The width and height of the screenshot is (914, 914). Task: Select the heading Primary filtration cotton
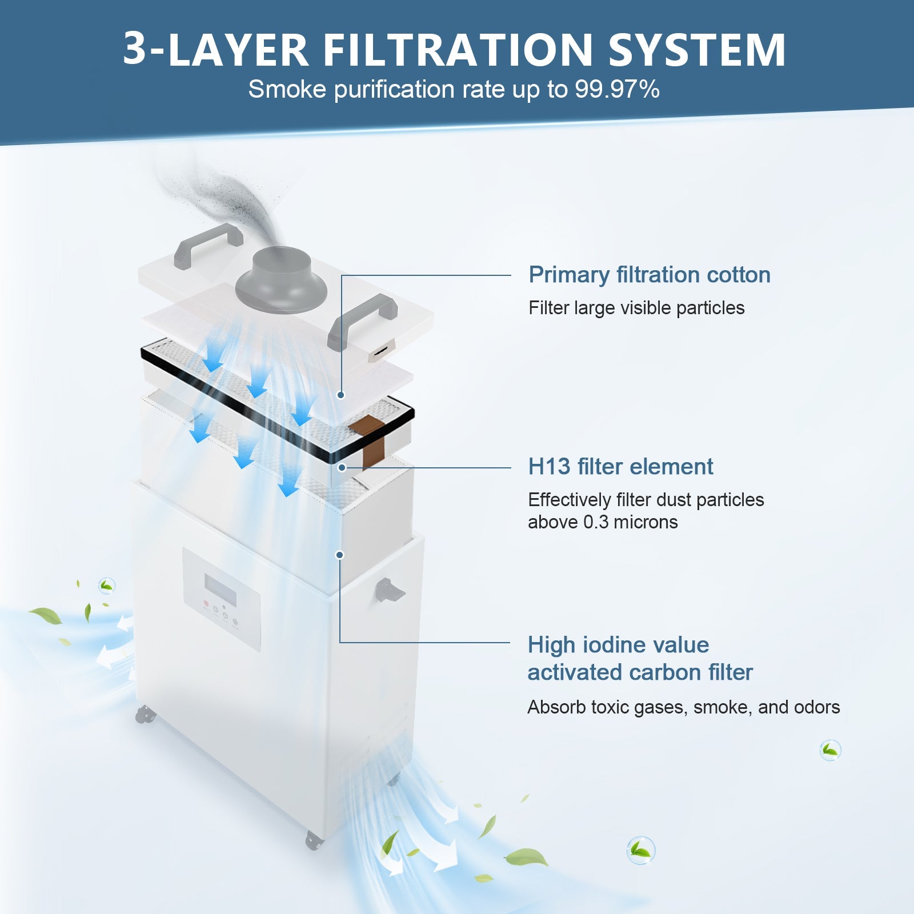649,275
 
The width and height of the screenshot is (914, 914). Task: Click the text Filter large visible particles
636,308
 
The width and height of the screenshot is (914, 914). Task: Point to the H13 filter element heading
620,467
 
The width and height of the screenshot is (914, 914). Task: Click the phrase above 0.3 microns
602,522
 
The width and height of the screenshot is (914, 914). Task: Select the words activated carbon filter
640,672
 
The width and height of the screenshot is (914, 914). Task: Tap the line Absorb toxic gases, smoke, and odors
683,707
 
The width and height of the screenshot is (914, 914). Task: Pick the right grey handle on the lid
362,319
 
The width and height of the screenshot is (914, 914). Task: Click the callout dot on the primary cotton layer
341,395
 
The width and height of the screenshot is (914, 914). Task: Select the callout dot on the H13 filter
342,467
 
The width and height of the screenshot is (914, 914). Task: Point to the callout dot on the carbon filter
340,555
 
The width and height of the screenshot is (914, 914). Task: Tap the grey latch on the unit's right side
388,591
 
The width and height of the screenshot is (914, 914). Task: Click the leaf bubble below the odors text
830,749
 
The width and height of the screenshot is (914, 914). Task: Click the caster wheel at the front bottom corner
312,840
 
